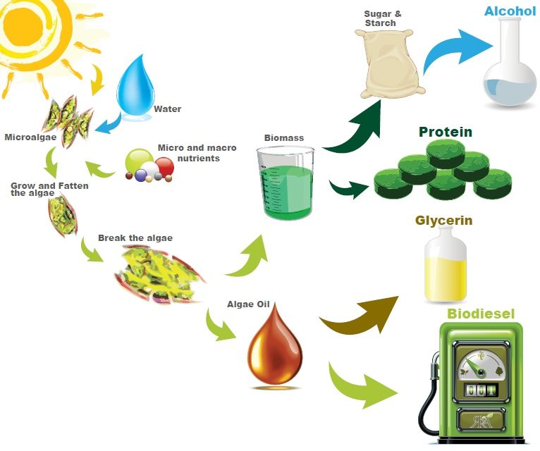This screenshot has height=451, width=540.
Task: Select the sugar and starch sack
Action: [389, 63]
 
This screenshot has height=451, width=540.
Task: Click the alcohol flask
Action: [510, 66]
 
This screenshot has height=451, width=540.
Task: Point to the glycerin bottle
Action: [446, 265]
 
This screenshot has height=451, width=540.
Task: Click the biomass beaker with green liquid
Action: [286, 183]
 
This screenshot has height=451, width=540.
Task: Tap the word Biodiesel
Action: [481, 314]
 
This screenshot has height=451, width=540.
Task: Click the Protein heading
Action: [446, 132]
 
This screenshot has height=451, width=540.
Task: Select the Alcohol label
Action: [510, 11]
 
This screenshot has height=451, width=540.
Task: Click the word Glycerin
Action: [443, 221]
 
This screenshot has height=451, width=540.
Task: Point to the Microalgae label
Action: [30, 137]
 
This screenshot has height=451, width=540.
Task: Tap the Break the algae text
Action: [135, 238]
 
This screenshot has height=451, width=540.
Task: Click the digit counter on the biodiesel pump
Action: [481, 390]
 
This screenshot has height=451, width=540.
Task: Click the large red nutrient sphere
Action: [164, 166]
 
